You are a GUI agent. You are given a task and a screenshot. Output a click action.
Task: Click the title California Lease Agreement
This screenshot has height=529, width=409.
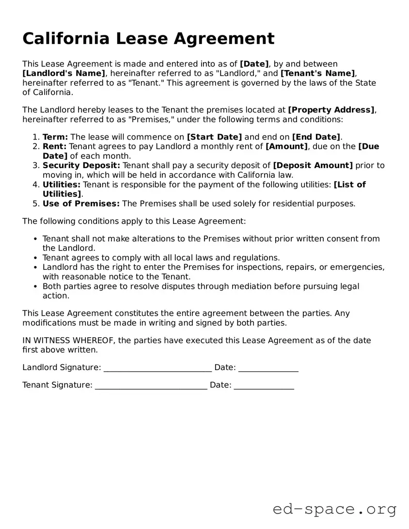click(x=148, y=38)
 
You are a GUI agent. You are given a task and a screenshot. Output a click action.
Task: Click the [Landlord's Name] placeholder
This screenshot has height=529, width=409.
click(x=63, y=73)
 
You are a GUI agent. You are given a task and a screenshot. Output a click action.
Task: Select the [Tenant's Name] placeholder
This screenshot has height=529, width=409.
click(x=318, y=73)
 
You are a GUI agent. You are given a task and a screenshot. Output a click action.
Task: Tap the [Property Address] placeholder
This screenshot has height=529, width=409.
click(x=331, y=110)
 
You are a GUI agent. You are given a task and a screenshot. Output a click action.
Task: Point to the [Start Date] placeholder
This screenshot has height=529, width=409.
click(x=214, y=137)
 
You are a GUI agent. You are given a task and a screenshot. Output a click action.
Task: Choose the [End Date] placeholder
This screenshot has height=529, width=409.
click(x=316, y=137)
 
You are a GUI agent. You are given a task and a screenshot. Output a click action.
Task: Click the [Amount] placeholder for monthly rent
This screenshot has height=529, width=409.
click(x=286, y=146)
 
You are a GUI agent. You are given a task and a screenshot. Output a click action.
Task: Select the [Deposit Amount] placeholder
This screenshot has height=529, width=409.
click(x=313, y=165)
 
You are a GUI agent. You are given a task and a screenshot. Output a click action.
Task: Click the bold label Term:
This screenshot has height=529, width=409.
click(x=55, y=137)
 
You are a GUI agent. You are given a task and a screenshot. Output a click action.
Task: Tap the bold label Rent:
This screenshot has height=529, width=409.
click(x=55, y=146)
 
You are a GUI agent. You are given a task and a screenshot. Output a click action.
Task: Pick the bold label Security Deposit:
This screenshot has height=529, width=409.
click(x=81, y=165)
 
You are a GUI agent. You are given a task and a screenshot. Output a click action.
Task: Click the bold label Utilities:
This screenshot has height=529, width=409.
click(x=62, y=185)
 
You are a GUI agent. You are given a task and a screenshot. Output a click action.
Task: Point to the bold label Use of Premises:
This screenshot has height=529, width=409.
click(x=81, y=203)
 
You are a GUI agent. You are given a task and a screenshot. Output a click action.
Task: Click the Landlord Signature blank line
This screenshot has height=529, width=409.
click(x=157, y=368)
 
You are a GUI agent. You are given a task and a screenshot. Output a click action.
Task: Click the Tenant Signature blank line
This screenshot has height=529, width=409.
click(x=151, y=386)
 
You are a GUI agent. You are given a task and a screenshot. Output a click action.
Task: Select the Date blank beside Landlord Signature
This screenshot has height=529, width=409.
click(x=268, y=368)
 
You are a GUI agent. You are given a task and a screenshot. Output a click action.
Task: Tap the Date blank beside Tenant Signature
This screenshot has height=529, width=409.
click(x=264, y=386)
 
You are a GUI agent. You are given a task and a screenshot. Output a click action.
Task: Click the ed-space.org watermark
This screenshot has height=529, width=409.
click(x=334, y=509)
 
